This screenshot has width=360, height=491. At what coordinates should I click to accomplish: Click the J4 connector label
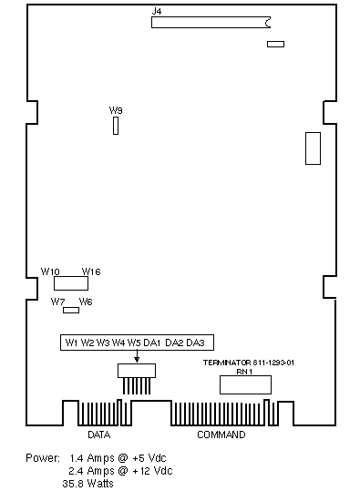tap(157, 11)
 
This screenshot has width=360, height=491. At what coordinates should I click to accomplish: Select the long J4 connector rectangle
tap(211, 22)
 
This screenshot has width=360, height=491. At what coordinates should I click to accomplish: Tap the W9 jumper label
tap(116, 110)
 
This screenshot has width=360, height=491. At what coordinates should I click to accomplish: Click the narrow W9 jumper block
tap(116, 126)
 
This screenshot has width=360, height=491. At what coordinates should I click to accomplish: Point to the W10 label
tap(50, 271)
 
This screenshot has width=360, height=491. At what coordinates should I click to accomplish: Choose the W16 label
tap(91, 271)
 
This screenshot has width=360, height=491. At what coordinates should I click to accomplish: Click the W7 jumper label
tap(57, 302)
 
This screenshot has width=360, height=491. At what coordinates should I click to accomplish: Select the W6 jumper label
tap(86, 302)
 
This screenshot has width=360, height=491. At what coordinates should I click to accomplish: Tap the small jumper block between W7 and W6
tap(71, 310)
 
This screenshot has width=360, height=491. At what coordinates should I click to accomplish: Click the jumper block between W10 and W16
tap(71, 283)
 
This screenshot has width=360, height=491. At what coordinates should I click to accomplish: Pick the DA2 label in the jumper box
tap(174, 343)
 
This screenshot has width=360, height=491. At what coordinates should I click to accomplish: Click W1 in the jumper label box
tap(71, 343)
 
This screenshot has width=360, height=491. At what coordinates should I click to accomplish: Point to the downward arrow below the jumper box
tap(137, 356)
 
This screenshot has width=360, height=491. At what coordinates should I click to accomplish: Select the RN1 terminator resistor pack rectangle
tap(245, 384)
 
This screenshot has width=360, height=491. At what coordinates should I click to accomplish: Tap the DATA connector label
tap(99, 435)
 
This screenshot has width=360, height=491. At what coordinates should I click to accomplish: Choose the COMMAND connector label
tap(221, 435)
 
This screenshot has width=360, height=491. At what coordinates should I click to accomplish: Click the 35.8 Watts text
tap(88, 483)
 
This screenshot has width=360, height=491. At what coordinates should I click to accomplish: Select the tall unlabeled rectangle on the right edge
tap(313, 148)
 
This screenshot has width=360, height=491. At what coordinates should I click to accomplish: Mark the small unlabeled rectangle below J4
tap(276, 44)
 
